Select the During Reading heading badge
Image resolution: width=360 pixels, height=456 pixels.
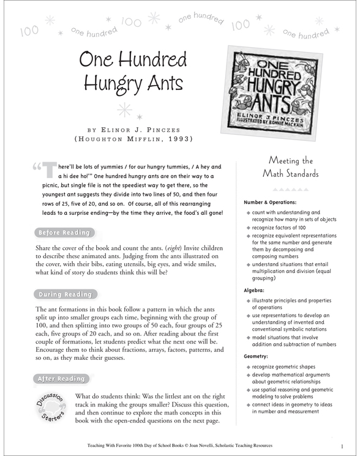point(64,294)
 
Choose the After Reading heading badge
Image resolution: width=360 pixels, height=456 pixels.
point(61,379)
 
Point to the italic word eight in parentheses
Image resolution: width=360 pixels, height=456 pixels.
point(198,247)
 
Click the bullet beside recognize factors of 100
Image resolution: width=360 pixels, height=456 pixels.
point(248,226)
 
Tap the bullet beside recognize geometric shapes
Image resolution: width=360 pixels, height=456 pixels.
point(248,366)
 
